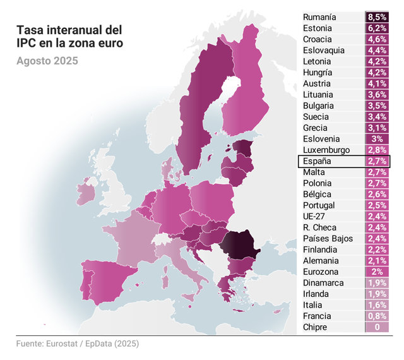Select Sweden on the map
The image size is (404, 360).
click(x=203, y=103)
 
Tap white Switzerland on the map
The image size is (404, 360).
click(x=162, y=239)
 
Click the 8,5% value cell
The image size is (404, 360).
click(x=377, y=17)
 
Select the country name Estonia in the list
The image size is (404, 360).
click(x=317, y=28)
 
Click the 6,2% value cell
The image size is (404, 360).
click(x=377, y=28)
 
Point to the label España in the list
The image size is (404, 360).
click(x=317, y=161)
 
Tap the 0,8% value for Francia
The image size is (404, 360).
click(x=377, y=316)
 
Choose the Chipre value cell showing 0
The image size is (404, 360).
click(x=377, y=327)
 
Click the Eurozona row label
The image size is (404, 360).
click(x=321, y=272)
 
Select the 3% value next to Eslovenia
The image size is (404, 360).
click(x=377, y=139)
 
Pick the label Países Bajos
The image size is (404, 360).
click(x=328, y=239)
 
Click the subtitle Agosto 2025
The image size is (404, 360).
click(x=47, y=61)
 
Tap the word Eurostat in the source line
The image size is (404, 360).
click(x=62, y=344)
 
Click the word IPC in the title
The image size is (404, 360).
click(x=26, y=43)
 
